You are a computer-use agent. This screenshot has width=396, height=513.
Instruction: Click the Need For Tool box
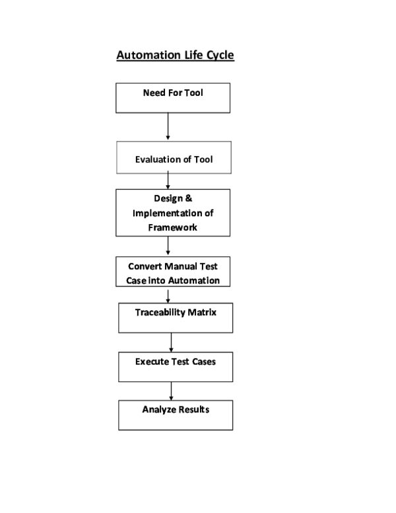173,98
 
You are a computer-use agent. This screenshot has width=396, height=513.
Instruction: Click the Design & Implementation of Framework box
173,212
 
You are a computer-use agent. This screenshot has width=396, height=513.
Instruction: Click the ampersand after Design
188,199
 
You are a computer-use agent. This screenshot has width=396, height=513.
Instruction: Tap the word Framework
173,227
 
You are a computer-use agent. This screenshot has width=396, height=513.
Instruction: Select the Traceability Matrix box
176,318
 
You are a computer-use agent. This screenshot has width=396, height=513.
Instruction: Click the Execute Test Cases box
176,367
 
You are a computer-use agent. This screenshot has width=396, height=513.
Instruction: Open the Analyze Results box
176,415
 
